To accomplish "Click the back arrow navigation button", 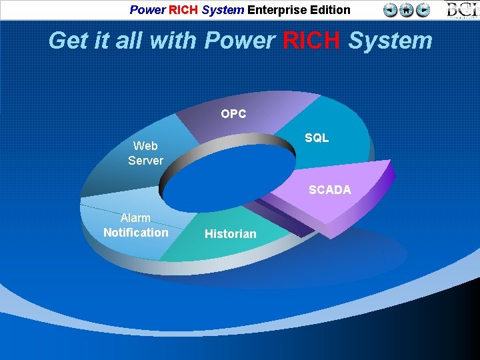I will point(391,10).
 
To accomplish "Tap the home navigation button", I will point(407,10).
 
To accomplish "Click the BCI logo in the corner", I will point(462,10).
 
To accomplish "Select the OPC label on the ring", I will point(233,114).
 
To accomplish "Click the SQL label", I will point(317,138).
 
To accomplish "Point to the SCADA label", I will point(329,190).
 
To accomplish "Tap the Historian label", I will point(230,234).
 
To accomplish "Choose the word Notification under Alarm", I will point(136,233).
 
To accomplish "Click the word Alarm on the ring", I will point(135,218).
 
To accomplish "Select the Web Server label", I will point(145,153).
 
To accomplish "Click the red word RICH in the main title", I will point(312,41).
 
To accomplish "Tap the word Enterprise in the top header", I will point(278,10).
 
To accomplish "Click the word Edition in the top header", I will point(329,10).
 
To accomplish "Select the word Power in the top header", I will point(147,10).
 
